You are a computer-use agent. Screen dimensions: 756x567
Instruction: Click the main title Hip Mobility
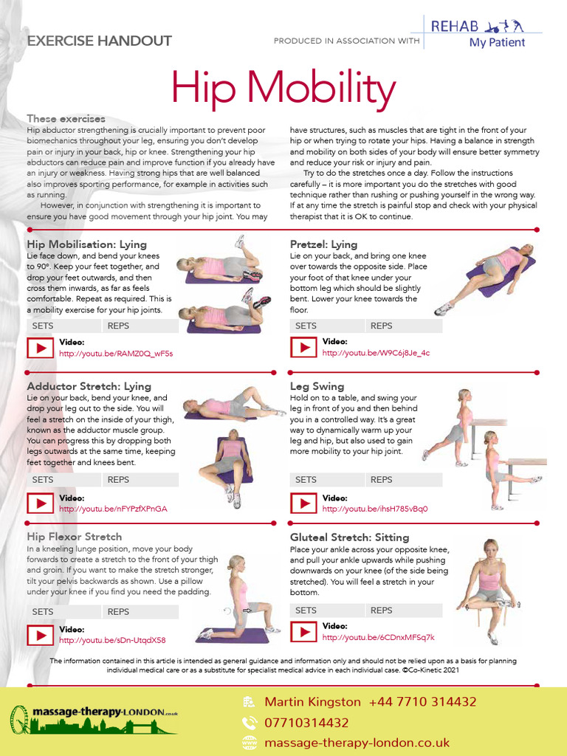283,89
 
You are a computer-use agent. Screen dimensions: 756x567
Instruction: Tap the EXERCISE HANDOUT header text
99,41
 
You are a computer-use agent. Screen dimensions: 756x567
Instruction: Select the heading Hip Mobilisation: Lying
87,244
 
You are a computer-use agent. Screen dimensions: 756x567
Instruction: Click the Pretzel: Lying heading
324,244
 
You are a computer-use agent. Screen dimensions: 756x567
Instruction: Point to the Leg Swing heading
317,386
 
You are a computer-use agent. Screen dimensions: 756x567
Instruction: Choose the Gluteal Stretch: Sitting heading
349,537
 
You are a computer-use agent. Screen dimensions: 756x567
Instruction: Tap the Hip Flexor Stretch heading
75,537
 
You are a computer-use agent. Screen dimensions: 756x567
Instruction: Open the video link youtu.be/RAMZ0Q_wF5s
116,354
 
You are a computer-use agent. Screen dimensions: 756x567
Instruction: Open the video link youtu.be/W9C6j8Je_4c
376,353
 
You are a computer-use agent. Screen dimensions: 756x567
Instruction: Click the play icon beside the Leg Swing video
303,504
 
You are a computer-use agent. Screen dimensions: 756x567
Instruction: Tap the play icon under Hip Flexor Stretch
40,634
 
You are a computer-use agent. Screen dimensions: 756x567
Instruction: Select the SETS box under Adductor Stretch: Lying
43,480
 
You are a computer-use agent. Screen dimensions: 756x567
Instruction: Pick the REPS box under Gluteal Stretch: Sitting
382,611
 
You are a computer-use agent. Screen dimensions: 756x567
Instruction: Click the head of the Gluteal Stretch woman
490,547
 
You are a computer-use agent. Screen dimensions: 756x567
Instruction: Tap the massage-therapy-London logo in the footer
94,720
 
